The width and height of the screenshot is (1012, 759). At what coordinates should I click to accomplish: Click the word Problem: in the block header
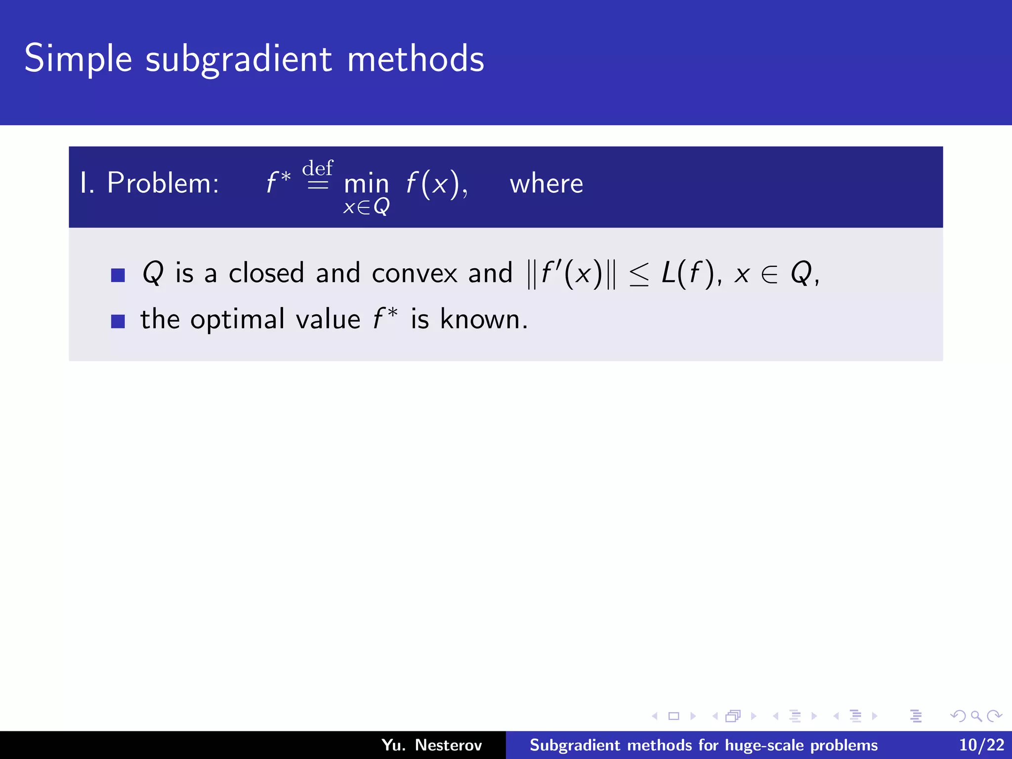pos(163,183)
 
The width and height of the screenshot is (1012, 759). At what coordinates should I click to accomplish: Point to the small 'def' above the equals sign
pos(318,168)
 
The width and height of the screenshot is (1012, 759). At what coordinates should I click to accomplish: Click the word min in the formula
pos(366,184)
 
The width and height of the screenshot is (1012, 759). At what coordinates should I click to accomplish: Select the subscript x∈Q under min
pos(366,207)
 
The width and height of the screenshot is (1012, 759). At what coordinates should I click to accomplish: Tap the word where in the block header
pos(546,184)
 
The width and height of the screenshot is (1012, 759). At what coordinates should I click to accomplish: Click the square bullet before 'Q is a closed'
pos(118,275)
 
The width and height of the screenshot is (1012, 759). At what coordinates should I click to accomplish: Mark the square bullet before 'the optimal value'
pos(118,321)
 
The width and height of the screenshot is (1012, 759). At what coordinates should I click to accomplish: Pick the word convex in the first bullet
pos(415,273)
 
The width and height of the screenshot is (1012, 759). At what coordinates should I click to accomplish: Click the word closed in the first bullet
pos(266,273)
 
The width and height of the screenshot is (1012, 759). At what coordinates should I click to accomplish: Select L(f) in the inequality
pos(688,273)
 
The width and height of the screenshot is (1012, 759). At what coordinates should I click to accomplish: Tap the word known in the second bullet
pos(483,319)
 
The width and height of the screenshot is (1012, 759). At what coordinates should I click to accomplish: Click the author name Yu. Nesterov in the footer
pos(431,745)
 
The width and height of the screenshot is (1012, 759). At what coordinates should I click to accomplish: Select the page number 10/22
pos(981,745)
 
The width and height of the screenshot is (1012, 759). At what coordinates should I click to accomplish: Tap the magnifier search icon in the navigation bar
pos(976,716)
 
